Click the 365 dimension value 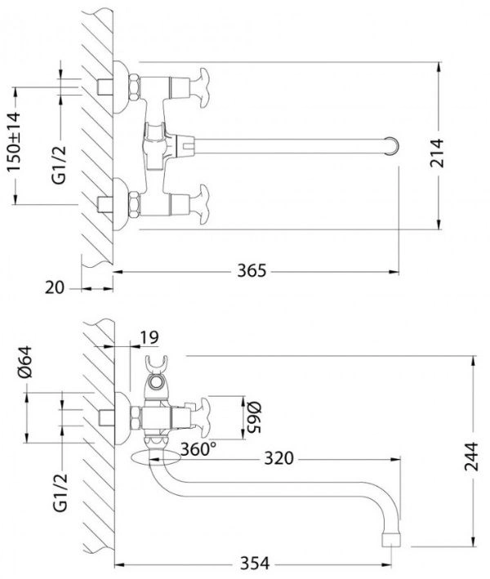pyautogui.click(x=252, y=270)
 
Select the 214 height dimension pyautogui.click(x=437, y=153)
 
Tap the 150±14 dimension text pyautogui.click(x=14, y=142)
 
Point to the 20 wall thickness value pyautogui.click(x=54, y=287)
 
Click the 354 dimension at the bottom pyautogui.click(x=255, y=563)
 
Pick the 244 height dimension pyautogui.click(x=471, y=457)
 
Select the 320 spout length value pyautogui.click(x=278, y=458)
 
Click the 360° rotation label pyautogui.click(x=198, y=449)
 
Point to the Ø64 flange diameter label pyautogui.click(x=25, y=362)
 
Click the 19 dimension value pyautogui.click(x=149, y=337)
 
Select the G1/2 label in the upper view pyautogui.click(x=59, y=165)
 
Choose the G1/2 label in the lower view pyautogui.click(x=60, y=492)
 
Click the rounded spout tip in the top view pyautogui.click(x=393, y=145)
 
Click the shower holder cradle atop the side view pyautogui.click(x=157, y=363)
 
